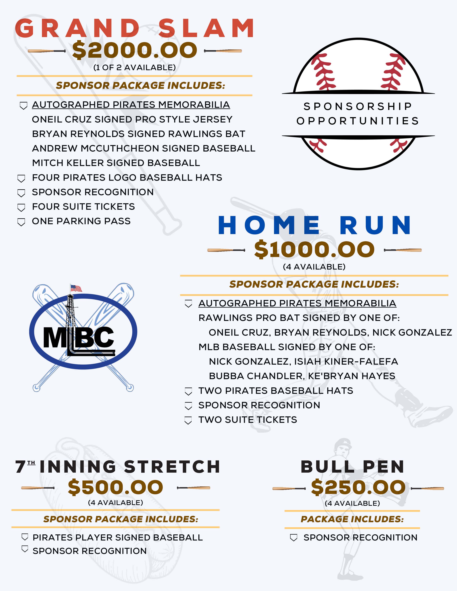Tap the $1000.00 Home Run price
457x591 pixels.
point(314,249)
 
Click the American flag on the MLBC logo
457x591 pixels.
point(76,288)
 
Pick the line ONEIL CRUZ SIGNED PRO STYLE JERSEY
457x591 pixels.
point(132,119)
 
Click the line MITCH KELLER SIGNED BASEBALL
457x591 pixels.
point(116,163)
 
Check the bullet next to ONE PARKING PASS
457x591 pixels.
point(21,222)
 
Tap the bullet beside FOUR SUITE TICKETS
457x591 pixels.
point(21,207)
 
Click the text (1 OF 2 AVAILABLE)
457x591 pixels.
point(135,67)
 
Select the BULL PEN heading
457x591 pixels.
point(353,467)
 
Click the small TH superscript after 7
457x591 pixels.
point(31,463)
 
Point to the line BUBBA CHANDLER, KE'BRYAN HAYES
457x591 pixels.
point(302,376)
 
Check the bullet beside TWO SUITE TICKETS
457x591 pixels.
point(188,421)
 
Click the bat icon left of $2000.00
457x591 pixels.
point(46,51)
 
